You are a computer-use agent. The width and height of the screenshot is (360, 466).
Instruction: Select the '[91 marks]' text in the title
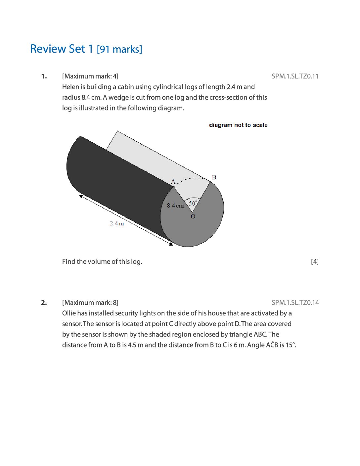(119, 50)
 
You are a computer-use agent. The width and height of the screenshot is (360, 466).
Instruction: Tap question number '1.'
(44, 76)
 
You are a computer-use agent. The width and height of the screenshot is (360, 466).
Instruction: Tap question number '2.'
(44, 303)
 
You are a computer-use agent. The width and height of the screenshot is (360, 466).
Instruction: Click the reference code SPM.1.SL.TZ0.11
(295, 76)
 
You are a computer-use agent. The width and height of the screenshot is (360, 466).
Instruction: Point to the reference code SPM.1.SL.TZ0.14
(295, 303)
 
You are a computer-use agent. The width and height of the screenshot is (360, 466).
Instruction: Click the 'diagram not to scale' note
(238, 125)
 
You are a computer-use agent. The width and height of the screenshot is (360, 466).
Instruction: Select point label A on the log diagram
(173, 181)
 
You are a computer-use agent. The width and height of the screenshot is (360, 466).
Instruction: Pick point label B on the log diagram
(214, 177)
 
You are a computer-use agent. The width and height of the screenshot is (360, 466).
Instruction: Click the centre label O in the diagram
(193, 216)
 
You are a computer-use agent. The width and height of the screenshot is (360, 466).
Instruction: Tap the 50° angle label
(193, 203)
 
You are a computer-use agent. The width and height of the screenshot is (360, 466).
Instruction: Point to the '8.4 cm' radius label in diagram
(175, 206)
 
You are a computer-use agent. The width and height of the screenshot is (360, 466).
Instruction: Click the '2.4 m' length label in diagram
(117, 223)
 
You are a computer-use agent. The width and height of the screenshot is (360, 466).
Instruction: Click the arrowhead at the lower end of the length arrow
(171, 244)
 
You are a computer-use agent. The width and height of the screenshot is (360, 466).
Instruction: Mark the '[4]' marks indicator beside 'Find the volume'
(315, 262)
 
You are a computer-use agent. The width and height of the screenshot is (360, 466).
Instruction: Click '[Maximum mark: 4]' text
(90, 76)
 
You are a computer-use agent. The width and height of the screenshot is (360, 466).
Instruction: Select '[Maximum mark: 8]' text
(90, 303)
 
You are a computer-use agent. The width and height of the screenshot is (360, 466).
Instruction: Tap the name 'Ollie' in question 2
(69, 313)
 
